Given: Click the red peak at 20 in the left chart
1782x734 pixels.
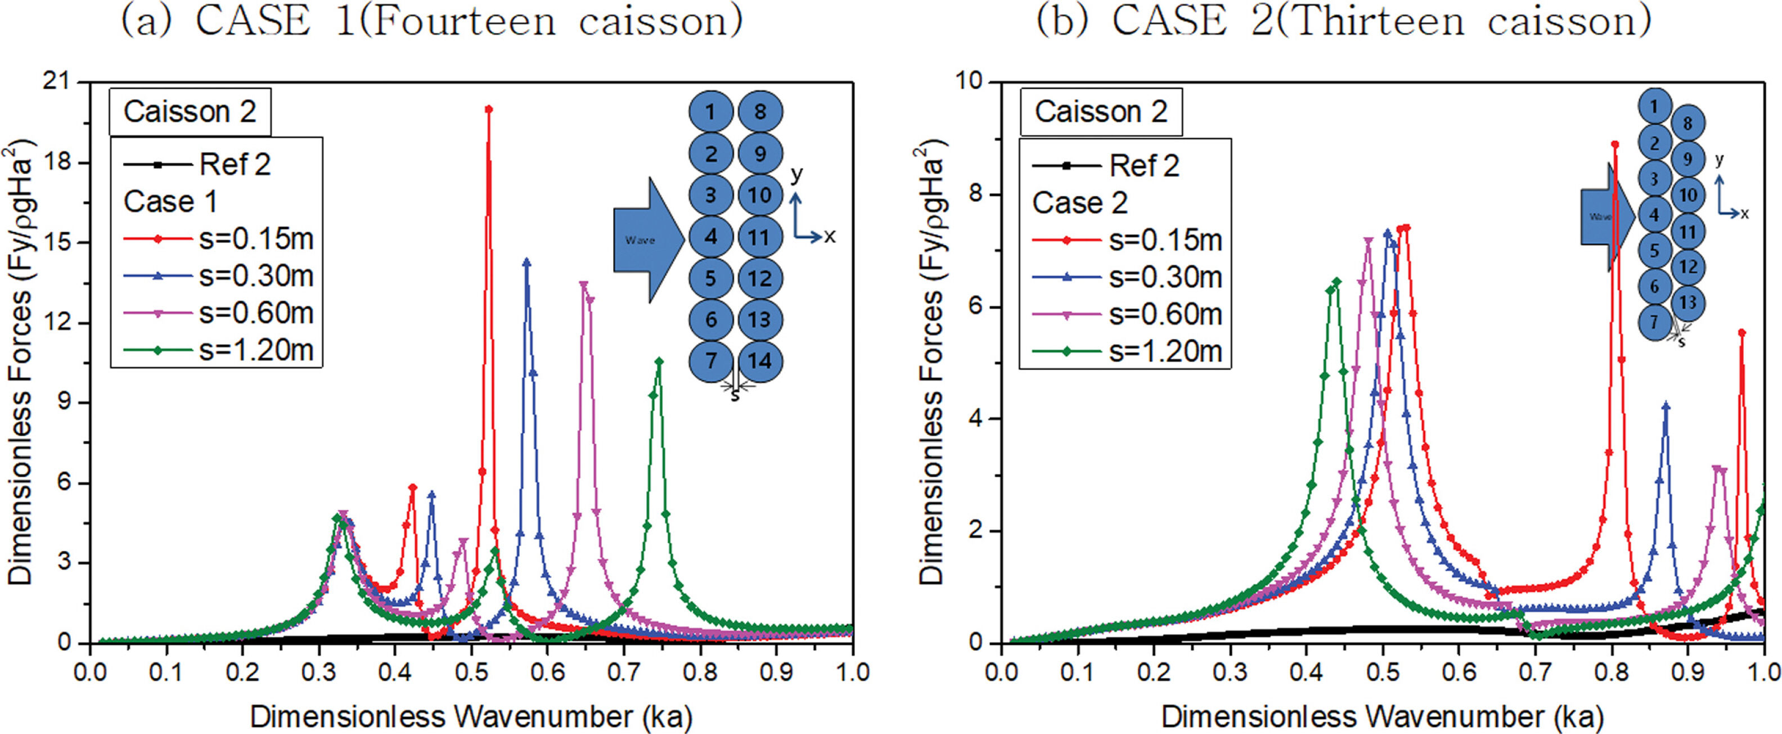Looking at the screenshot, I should pos(488,109).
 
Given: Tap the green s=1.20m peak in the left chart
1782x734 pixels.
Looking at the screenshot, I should pos(659,361).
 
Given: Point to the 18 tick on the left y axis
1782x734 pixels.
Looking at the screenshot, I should pos(61,163).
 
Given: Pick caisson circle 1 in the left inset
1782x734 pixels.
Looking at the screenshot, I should pos(710,112).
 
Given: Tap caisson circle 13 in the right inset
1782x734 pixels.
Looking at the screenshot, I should pos(1688,302).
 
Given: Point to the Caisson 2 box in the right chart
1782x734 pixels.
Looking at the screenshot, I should pos(1101,111).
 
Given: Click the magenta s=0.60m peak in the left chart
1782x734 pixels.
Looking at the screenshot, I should pos(584,285).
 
